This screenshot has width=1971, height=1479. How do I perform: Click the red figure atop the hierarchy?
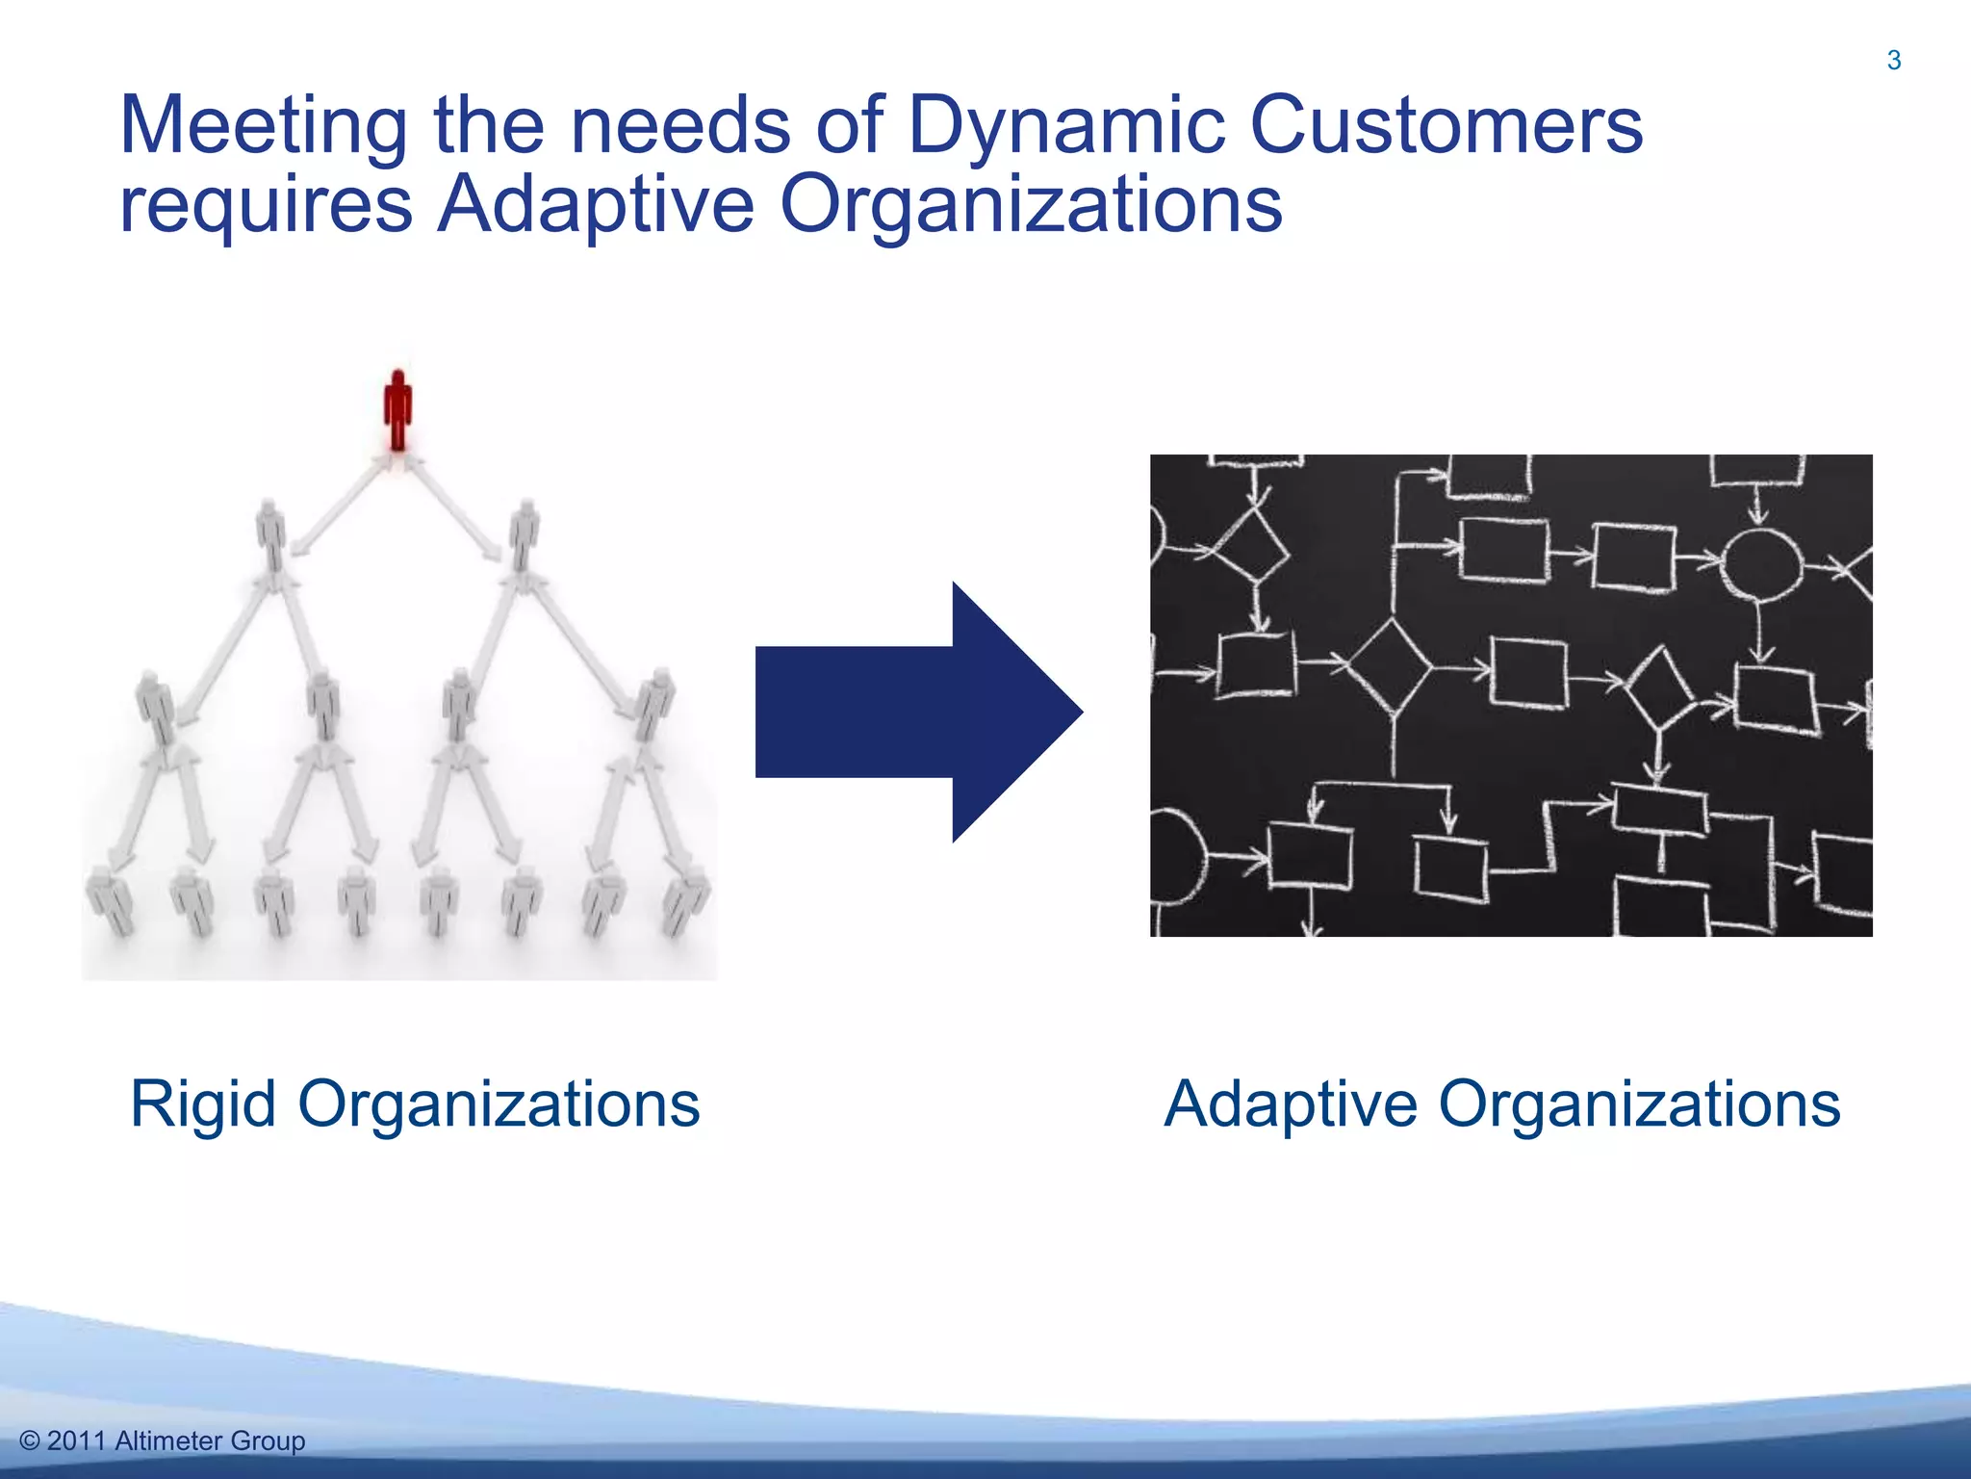397,410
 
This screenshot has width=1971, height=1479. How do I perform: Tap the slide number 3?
1893,61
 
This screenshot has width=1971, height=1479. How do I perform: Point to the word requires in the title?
267,204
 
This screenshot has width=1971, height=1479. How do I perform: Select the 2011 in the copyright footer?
76,1441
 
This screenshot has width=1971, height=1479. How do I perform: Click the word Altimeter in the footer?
167,1441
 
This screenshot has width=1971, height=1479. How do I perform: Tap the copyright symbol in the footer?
29,1441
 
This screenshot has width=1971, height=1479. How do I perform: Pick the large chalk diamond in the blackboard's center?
1391,666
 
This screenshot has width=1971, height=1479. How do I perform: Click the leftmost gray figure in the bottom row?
110,900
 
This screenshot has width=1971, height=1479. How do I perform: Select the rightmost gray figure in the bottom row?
687,900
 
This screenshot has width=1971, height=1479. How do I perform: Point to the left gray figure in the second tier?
271,534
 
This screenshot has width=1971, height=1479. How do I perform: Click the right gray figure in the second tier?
523,534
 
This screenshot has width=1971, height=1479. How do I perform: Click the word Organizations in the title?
1030,204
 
